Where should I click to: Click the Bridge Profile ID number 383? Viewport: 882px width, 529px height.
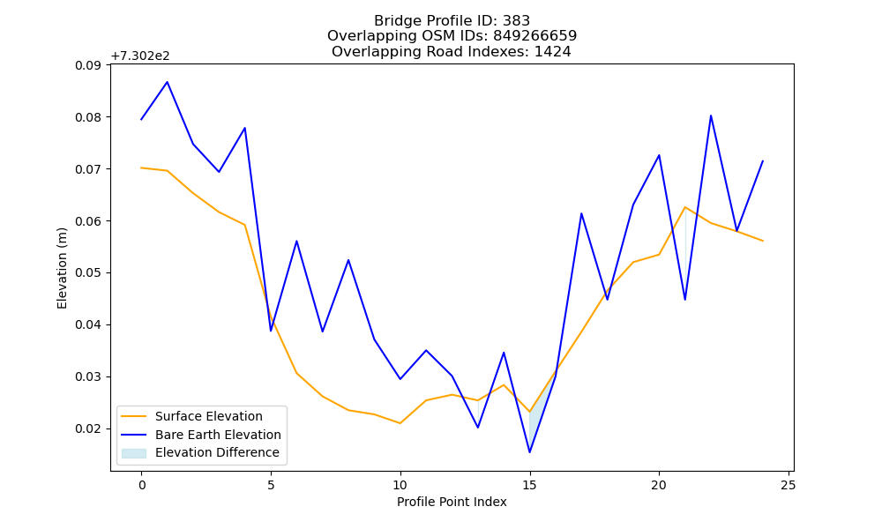pos(516,21)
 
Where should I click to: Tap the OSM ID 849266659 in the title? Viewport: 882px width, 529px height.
pos(535,36)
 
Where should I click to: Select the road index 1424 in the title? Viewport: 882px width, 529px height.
pos(552,52)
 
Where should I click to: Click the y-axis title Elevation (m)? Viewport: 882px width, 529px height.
pos(62,268)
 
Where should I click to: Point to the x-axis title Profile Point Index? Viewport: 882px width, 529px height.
pos(452,502)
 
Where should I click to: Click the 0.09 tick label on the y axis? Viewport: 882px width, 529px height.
pos(88,65)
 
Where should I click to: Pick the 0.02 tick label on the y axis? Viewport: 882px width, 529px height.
pos(88,429)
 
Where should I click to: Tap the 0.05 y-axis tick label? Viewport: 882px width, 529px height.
pos(88,273)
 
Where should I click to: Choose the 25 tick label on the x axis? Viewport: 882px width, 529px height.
pos(789,485)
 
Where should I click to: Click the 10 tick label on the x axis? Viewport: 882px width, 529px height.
pos(400,485)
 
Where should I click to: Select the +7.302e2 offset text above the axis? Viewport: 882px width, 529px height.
pos(140,56)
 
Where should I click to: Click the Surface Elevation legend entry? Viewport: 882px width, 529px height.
pos(209,416)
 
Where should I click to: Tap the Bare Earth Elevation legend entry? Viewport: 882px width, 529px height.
pos(218,435)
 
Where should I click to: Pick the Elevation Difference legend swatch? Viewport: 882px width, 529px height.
pos(134,453)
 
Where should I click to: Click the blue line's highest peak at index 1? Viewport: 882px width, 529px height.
pos(167,82)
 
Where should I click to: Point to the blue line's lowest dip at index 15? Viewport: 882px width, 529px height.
pos(529,452)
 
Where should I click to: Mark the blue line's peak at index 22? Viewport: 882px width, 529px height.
pos(711,115)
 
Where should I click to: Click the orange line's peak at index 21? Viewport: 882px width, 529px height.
pos(685,207)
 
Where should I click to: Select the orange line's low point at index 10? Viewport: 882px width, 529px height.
pos(400,422)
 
